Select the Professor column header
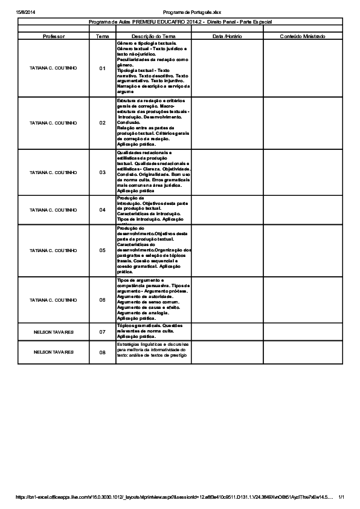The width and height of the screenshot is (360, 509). tap(53, 36)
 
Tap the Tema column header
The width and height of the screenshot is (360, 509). tap(102, 36)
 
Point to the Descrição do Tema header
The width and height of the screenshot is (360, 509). tap(153, 36)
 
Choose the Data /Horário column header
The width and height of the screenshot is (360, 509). tap(227, 36)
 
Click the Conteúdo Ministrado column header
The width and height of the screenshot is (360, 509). tap(302, 36)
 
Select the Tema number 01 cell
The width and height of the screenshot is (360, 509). tap(102, 68)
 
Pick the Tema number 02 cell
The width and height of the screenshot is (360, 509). tap(102, 123)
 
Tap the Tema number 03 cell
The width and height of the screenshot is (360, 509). tap(102, 172)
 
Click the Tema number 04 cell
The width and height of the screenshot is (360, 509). tap(102, 210)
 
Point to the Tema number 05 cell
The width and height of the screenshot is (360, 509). tap(102, 250)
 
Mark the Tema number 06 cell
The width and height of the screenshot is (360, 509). tap(102, 300)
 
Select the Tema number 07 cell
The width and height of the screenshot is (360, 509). tap(102, 332)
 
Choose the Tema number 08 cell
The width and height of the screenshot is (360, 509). tap(102, 352)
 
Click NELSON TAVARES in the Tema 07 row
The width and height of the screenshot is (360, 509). tap(53, 332)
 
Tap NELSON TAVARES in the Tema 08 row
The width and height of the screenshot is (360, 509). tap(53, 352)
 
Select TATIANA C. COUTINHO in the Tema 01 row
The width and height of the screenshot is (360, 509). tap(53, 68)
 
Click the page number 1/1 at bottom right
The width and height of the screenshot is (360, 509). tap(341, 497)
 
